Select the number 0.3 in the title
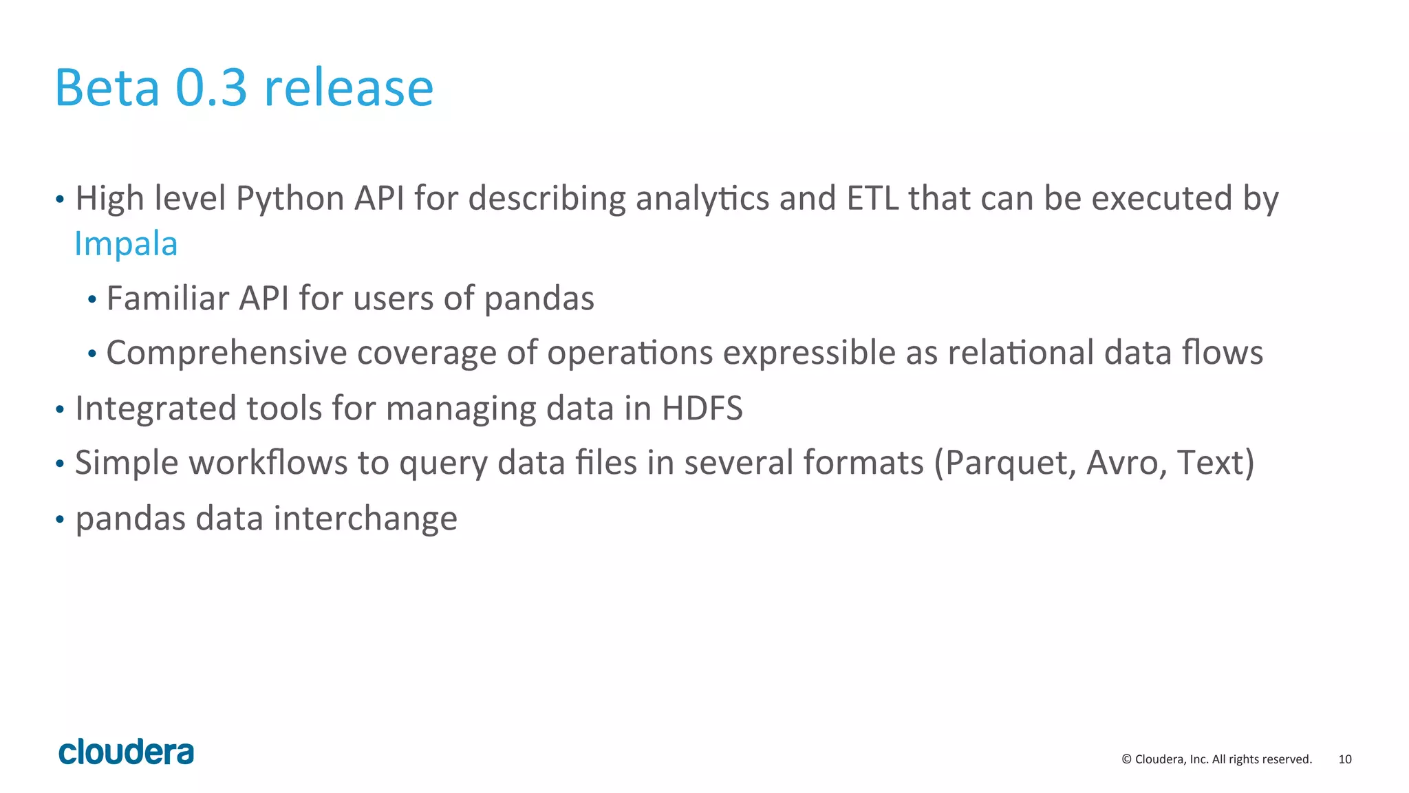[211, 88]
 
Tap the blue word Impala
[126, 243]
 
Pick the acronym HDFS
[702, 408]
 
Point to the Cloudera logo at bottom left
[126, 752]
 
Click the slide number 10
[1344, 759]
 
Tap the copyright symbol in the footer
[1126, 759]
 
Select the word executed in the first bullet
[1162, 198]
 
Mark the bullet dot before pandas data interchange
[60, 519]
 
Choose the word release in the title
[349, 88]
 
